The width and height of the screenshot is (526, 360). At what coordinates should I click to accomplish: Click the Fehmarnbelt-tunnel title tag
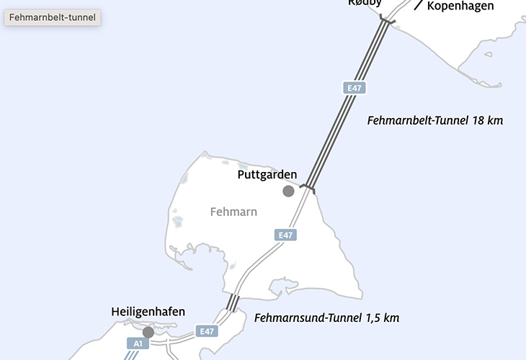(x=53, y=17)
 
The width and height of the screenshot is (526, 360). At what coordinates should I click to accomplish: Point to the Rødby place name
(x=365, y=3)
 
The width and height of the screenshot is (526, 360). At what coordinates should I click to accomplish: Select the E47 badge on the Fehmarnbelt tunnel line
(x=354, y=88)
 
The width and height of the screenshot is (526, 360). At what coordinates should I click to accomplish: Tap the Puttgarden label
(x=267, y=174)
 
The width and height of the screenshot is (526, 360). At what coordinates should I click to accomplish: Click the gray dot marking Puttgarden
(x=288, y=191)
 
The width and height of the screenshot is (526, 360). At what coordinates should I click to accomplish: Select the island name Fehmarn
(x=233, y=212)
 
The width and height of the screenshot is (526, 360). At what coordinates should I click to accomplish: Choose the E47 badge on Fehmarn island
(x=286, y=235)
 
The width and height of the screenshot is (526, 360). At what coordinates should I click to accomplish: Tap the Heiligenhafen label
(x=148, y=312)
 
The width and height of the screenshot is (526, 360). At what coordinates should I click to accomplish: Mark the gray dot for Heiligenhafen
(x=148, y=332)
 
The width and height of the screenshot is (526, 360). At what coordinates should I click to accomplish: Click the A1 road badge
(x=136, y=344)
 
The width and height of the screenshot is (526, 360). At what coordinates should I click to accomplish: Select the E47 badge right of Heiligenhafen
(x=208, y=331)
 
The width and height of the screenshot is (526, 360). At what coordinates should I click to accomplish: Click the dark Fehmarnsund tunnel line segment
(x=232, y=302)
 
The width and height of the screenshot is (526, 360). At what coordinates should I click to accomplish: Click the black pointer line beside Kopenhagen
(x=418, y=6)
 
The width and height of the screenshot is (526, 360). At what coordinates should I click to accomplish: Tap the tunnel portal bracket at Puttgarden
(x=308, y=189)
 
